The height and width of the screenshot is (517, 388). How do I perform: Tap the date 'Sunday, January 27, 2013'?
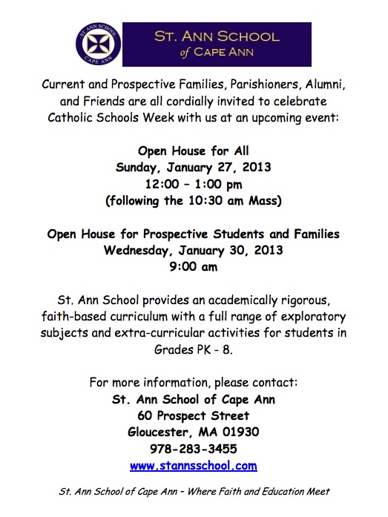click(193, 168)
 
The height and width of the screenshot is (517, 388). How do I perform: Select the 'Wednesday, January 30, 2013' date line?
click(193, 250)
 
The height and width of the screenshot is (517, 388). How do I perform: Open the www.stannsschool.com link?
click(193, 466)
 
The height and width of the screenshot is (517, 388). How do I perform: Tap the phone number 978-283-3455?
click(193, 450)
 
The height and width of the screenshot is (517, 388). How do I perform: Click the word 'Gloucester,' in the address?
click(160, 432)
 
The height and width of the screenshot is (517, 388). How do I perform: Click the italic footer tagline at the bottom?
click(193, 491)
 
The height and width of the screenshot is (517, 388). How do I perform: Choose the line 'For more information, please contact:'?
click(193, 383)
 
